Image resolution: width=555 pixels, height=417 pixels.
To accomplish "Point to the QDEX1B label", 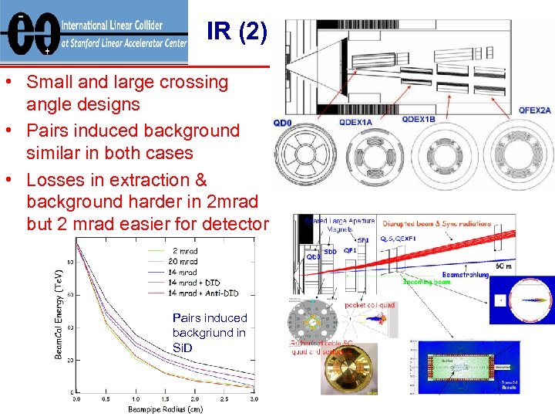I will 419,119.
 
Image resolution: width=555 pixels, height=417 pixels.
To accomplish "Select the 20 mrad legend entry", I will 184,261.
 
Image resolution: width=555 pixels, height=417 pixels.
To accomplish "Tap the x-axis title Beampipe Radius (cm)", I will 165,409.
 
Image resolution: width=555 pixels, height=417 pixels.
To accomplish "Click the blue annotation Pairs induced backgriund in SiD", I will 209,332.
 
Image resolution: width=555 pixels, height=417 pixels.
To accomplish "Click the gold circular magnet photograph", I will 349,368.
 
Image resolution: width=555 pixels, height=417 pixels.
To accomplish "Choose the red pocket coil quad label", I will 371,306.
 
